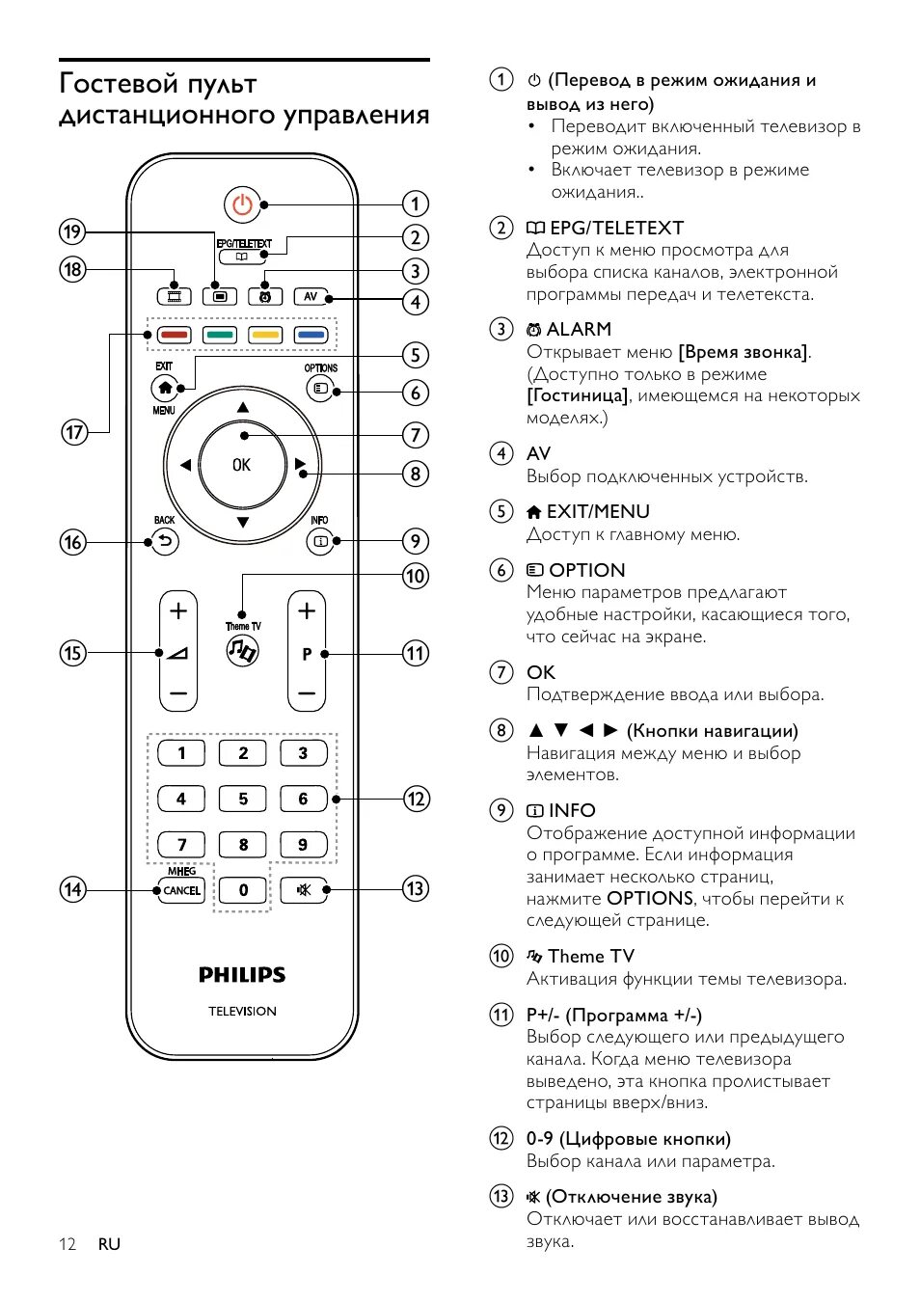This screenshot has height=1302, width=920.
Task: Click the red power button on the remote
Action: [242, 204]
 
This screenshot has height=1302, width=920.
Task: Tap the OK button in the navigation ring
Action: [241, 465]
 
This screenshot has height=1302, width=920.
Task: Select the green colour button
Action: [220, 336]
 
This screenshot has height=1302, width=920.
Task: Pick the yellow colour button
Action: [265, 336]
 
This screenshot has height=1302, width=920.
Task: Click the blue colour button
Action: [311, 336]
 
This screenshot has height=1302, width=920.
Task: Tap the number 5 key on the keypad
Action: [242, 799]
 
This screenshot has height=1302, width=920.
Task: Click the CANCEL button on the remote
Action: [182, 890]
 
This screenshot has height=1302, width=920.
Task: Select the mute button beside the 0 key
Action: [304, 889]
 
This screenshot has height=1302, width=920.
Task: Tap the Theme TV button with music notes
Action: [242, 651]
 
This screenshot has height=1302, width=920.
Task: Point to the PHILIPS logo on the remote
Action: [242, 975]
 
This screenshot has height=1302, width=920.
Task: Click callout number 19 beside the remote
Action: [72, 232]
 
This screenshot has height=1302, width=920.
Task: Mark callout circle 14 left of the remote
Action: [72, 889]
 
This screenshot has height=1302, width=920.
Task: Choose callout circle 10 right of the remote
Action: [416, 576]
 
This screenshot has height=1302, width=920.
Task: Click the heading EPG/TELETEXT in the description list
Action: [615, 229]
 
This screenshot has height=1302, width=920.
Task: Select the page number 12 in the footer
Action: [68, 1244]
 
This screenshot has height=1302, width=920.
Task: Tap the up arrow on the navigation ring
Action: [243, 407]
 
